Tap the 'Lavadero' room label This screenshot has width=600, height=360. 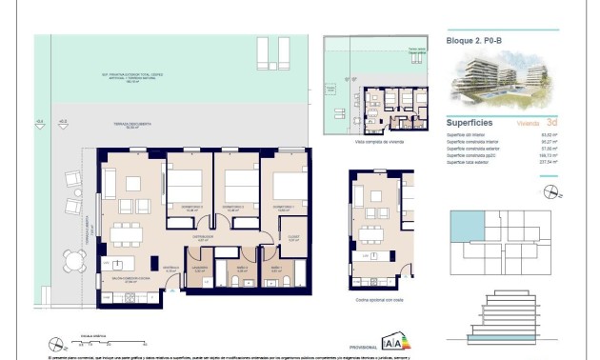(x=200, y=268)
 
